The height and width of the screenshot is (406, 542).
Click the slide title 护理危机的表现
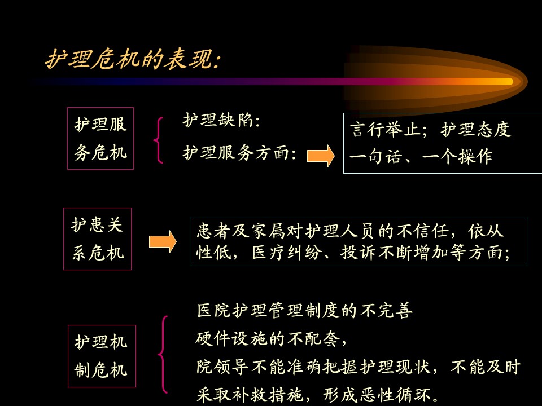click(x=133, y=59)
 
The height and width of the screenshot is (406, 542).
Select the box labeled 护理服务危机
click(x=100, y=139)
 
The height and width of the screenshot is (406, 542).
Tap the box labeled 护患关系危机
click(x=98, y=239)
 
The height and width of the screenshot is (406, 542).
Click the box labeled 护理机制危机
click(x=102, y=356)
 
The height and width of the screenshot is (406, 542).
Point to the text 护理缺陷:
click(x=221, y=121)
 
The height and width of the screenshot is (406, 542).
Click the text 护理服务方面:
click(x=239, y=153)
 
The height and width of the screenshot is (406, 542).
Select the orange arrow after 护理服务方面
click(x=321, y=156)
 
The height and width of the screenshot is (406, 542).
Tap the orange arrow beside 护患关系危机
click(x=163, y=242)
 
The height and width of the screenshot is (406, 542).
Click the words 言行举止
click(x=385, y=130)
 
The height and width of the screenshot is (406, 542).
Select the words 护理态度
click(x=475, y=130)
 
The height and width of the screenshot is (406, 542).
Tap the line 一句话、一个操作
click(x=421, y=157)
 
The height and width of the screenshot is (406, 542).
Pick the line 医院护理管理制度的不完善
click(x=305, y=310)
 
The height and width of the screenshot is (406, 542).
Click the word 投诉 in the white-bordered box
click(x=359, y=253)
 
